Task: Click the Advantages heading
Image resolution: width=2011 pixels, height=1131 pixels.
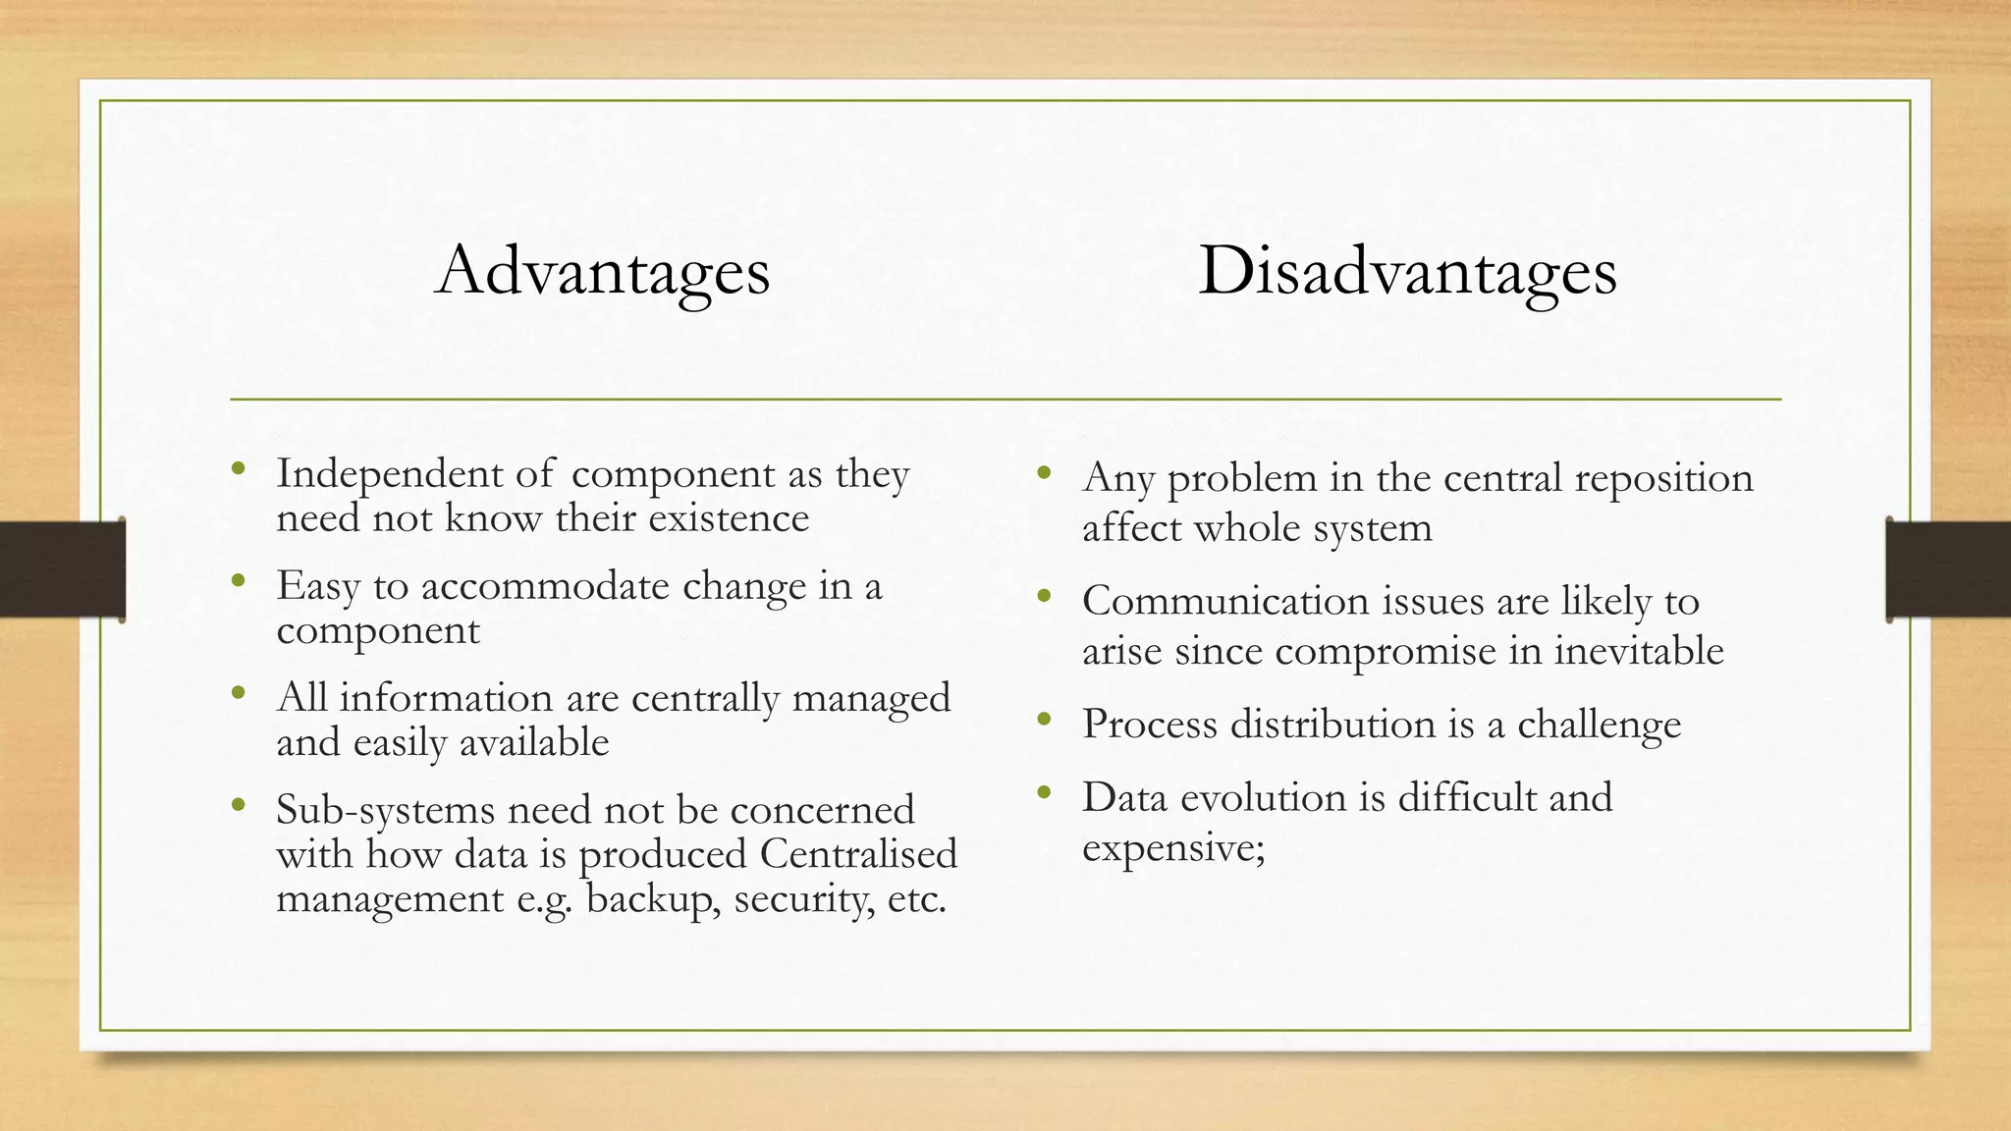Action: [602, 271]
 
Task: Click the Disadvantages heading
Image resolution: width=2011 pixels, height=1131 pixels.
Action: [1407, 271]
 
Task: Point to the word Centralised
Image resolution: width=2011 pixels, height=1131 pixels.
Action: [858, 853]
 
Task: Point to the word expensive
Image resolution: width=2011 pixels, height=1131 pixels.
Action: [1172, 847]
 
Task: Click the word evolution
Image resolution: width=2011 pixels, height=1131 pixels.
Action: [1263, 797]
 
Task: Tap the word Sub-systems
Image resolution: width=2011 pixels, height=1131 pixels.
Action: [385, 810]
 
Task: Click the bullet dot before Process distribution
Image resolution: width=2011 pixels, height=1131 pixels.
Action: [1044, 721]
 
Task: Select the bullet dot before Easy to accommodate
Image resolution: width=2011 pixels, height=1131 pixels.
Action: [239, 580]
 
